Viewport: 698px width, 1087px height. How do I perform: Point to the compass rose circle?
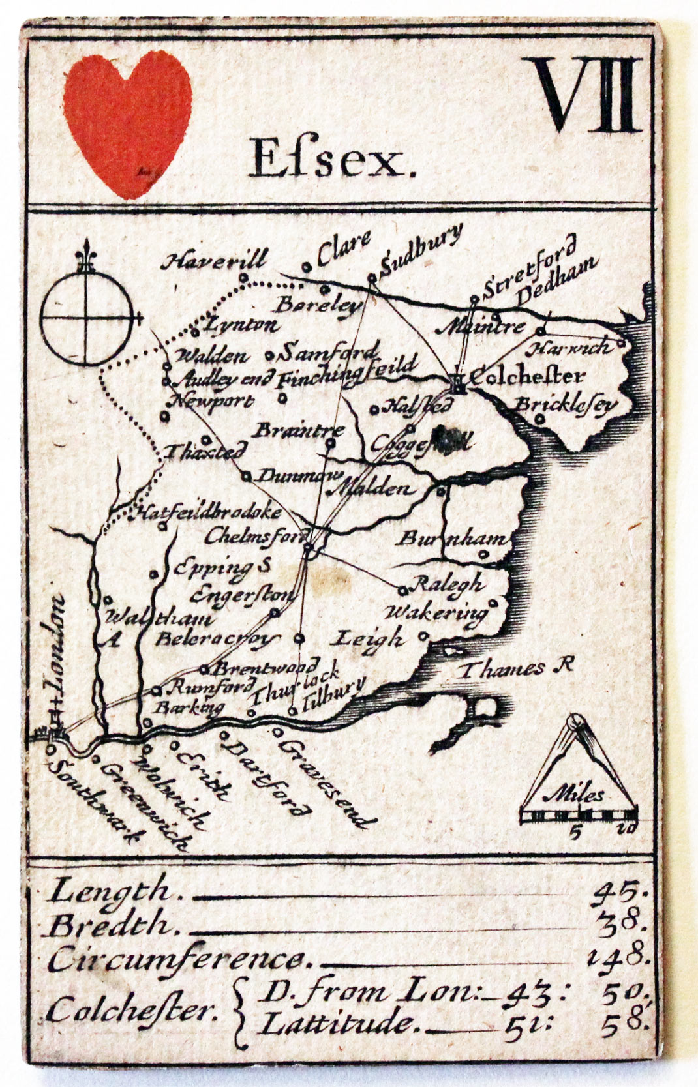pos(86,318)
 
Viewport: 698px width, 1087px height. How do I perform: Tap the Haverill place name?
pos(215,261)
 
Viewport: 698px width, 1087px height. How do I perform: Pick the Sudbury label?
pos(421,248)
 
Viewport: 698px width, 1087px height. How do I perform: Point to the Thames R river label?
pos(515,668)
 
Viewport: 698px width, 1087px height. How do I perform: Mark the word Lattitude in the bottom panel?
pos(338,1024)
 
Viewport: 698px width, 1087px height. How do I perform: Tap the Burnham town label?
pos(452,539)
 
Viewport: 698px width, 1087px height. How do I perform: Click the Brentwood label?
pos(267,668)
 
